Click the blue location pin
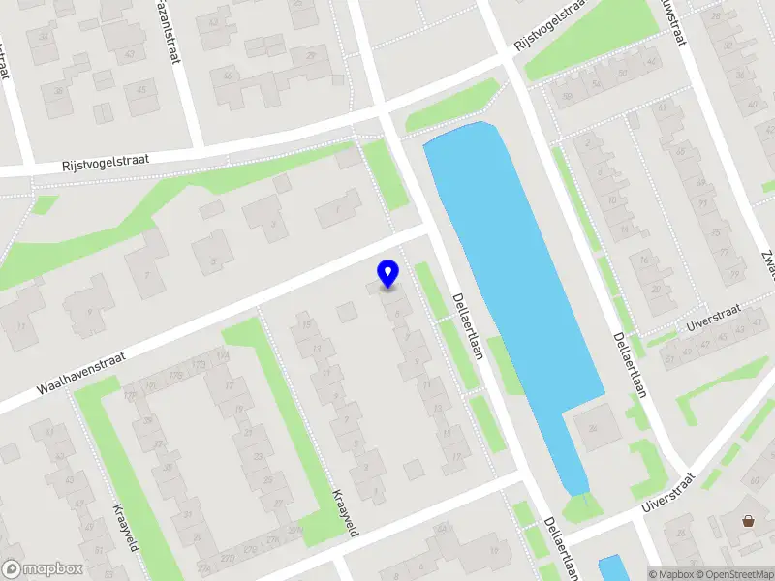388,273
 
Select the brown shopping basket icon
749,521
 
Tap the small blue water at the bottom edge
612,568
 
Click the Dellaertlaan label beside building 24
629,366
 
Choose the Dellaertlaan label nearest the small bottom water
560,547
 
